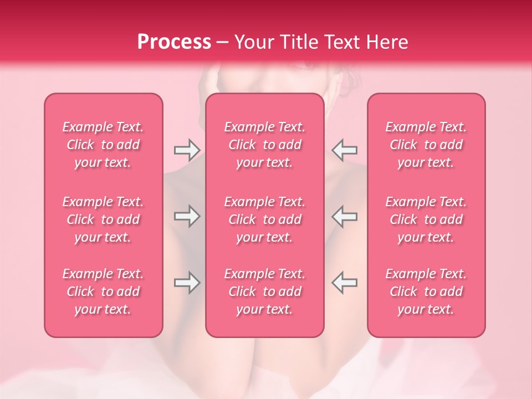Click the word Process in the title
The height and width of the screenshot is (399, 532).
tap(174, 42)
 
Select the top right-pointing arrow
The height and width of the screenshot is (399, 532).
tap(187, 150)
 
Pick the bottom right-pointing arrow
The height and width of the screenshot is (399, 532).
tap(187, 283)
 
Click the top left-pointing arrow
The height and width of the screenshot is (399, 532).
tap(345, 150)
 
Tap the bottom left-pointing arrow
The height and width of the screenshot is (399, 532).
tap(345, 283)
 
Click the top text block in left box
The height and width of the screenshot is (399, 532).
tap(103, 145)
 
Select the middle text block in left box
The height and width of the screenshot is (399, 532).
tap(103, 219)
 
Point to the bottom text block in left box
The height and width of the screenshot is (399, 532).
tap(103, 291)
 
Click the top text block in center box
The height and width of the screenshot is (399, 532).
tap(265, 145)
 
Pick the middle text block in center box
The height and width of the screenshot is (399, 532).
tap(265, 219)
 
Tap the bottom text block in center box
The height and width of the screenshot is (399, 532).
tap(265, 291)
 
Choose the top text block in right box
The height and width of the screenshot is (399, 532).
tap(426, 145)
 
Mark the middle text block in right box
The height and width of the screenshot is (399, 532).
tap(426, 219)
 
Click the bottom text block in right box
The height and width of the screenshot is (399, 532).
tap(426, 291)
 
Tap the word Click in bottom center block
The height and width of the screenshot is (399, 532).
tap(242, 291)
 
